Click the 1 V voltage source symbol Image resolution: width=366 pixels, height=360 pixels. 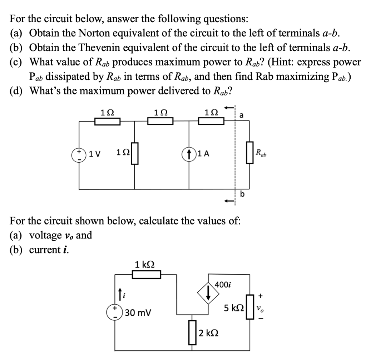[x=79, y=154]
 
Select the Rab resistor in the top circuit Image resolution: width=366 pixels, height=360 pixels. [x=249, y=154]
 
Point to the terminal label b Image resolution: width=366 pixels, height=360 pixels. [x=243, y=194]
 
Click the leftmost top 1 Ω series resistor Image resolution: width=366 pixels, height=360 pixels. [x=108, y=122]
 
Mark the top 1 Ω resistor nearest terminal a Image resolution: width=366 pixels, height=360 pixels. [x=211, y=122]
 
